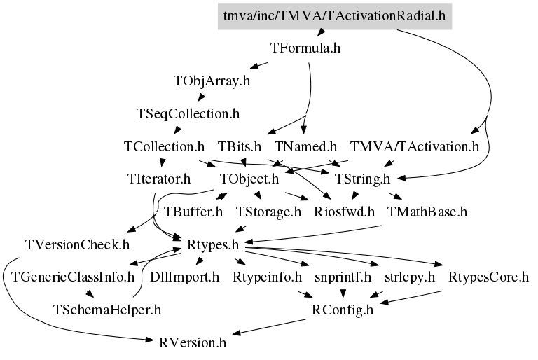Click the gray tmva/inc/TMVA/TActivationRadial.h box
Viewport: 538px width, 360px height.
click(335, 16)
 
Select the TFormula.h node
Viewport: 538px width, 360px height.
click(305, 48)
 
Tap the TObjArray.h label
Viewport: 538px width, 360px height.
click(212, 81)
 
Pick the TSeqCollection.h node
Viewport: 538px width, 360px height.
click(188, 113)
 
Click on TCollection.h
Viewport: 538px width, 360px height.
click(165, 146)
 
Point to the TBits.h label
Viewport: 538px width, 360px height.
click(240, 146)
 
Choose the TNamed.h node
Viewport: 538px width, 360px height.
click(305, 146)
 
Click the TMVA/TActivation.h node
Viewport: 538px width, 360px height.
click(415, 146)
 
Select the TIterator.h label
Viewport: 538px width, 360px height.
click(159, 179)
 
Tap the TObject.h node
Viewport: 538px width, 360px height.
click(249, 179)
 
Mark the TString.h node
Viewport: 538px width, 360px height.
click(362, 179)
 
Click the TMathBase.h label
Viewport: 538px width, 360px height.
click(427, 212)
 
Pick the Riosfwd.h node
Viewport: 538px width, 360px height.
click(344, 212)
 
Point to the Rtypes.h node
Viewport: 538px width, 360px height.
click(213, 244)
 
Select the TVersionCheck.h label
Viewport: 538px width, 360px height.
click(78, 244)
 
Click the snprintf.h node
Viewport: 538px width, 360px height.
click(343, 277)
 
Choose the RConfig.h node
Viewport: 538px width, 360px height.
click(343, 310)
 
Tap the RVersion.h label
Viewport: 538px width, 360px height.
click(193, 342)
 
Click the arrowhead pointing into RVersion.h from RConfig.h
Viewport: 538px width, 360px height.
click(237, 333)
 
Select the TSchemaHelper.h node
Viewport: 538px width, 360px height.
click(107, 310)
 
